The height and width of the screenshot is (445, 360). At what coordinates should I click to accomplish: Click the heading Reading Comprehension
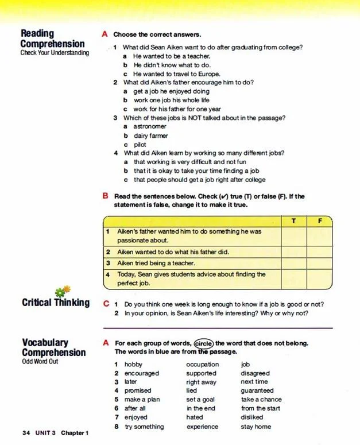(52, 38)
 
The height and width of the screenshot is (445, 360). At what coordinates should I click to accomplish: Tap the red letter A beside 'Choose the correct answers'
(104, 34)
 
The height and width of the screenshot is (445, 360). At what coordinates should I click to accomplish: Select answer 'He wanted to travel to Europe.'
(168, 74)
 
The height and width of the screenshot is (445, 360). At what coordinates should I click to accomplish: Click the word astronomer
(150, 126)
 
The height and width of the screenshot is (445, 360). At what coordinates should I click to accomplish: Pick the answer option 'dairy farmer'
(151, 136)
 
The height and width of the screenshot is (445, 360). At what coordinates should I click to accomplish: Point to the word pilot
(140, 145)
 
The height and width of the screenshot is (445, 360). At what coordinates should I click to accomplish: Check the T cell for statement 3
(293, 263)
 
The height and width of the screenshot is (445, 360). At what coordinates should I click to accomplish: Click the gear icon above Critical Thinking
(63, 291)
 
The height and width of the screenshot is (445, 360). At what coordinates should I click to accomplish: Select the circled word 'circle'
(203, 343)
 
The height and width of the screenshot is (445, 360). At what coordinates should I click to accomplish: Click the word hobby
(134, 364)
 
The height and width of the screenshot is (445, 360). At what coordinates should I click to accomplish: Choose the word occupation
(202, 364)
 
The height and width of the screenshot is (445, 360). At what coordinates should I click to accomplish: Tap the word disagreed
(255, 373)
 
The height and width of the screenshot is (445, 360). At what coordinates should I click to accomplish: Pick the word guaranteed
(257, 390)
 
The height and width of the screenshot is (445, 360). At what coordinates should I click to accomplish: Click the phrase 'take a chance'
(261, 400)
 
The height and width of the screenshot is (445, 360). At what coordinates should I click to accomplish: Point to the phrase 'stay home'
(256, 427)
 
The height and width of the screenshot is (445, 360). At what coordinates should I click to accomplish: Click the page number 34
(26, 432)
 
